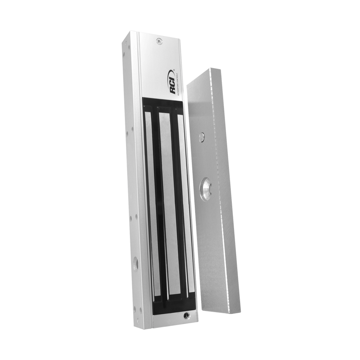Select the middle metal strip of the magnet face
166,198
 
